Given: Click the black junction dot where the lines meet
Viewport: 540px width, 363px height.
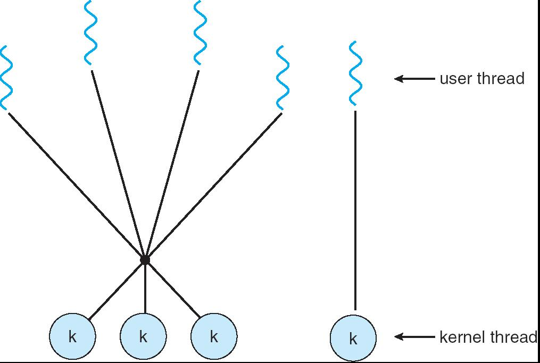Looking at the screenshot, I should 145,260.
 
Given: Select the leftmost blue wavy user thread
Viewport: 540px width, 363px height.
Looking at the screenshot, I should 6,78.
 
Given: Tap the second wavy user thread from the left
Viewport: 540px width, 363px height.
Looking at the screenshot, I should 91,33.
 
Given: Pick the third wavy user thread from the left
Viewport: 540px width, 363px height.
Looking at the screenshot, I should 200,33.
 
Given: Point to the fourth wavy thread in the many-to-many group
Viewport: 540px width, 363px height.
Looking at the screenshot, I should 283,79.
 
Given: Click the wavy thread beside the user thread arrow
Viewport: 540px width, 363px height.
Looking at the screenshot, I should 355,73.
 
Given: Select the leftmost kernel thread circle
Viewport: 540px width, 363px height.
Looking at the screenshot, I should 72,336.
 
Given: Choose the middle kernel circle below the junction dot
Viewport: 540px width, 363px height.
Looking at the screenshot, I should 143,336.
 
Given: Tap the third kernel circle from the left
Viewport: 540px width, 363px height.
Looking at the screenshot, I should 214,336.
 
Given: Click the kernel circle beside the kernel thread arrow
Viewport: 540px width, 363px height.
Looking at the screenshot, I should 353,339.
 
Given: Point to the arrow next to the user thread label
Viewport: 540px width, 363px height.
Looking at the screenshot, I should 414,79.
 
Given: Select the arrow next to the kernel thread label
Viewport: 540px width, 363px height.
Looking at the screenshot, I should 414,336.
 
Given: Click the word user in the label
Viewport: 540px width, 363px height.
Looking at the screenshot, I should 455,79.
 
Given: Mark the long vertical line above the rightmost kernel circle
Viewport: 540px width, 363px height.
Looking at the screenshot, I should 355,210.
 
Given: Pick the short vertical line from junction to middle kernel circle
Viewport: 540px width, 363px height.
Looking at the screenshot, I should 145,287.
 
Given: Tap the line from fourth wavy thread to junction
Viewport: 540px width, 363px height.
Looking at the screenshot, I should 213,186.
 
